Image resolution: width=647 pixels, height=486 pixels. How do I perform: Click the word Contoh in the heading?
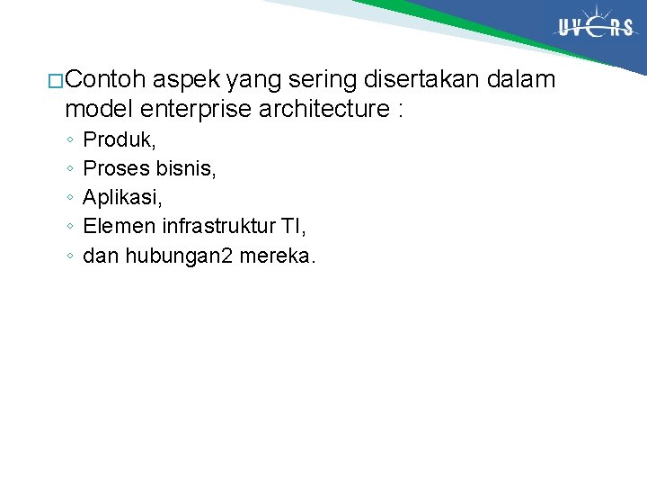105,81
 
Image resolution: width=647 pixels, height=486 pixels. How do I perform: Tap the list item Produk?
120,140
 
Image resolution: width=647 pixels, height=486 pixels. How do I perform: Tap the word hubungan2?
179,256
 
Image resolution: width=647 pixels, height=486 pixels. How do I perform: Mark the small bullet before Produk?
69,141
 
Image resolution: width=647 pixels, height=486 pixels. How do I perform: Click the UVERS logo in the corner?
595,28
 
